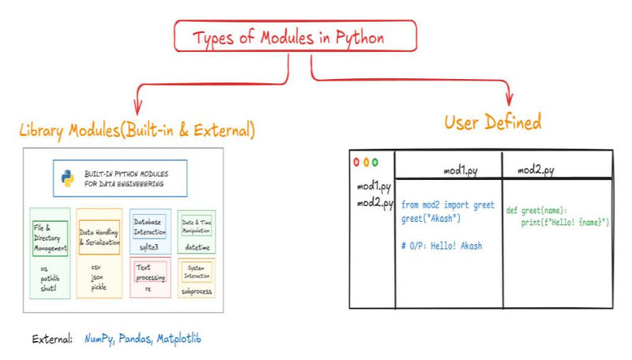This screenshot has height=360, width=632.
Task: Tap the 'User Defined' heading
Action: coord(492,122)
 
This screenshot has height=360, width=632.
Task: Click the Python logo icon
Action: coord(67,178)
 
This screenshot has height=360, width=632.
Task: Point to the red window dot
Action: coord(356,162)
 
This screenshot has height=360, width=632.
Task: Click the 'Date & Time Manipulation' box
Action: coord(196,221)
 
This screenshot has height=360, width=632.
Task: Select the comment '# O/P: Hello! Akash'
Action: coord(442,246)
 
